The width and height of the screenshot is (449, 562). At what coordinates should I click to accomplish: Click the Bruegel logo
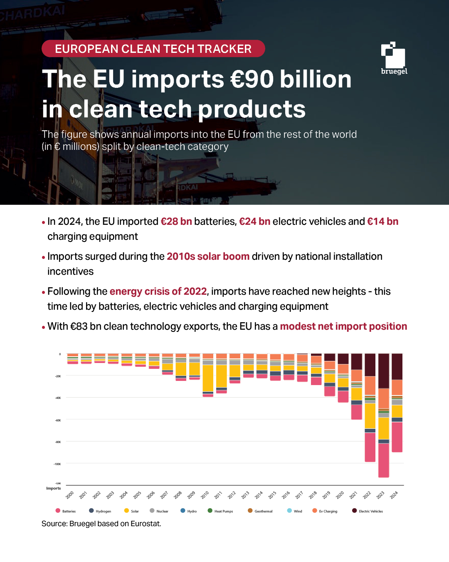(394, 58)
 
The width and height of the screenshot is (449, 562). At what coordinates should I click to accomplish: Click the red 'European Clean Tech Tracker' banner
(153, 49)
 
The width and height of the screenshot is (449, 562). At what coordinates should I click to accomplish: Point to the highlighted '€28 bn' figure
(176, 221)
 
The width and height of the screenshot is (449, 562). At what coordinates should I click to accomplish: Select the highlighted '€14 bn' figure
(382, 221)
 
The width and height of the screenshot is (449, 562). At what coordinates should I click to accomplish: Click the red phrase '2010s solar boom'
(208, 256)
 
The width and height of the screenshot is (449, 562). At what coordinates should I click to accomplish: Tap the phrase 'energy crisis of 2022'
(158, 291)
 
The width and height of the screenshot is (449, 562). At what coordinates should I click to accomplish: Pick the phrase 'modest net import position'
(343, 326)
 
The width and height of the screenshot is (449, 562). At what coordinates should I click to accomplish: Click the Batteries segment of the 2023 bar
(384, 460)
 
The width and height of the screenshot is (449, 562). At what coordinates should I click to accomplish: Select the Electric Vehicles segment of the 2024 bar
(397, 366)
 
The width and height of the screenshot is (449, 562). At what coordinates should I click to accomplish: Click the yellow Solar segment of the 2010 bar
(208, 378)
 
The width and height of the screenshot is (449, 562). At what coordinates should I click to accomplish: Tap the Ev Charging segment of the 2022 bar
(370, 385)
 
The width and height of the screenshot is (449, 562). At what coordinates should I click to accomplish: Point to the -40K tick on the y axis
(58, 398)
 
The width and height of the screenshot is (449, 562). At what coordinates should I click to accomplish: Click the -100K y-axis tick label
(57, 464)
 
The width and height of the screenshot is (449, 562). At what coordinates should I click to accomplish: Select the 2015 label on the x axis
(272, 495)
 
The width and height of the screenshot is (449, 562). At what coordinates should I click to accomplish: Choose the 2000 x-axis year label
(70, 495)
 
